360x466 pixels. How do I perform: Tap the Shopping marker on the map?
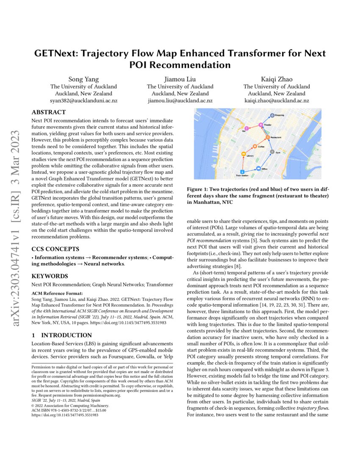pos(272,115)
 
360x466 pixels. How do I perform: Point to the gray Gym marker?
pos(272,151)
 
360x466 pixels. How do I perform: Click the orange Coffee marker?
pos(255,146)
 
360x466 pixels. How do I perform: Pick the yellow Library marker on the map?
pos(243,154)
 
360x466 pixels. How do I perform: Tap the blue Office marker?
pos(258,169)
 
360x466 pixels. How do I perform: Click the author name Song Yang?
pos(84,79)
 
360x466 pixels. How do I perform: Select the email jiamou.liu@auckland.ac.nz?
pos(180,101)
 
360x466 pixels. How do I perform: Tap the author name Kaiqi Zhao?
pos(276,79)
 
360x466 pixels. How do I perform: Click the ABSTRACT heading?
pos(49,112)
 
